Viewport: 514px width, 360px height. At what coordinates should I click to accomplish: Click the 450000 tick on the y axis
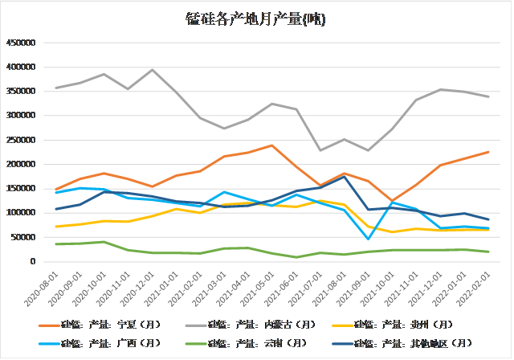[22, 43]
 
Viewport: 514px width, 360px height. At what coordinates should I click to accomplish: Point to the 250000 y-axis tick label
[22, 140]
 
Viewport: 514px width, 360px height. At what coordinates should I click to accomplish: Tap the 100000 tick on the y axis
[22, 213]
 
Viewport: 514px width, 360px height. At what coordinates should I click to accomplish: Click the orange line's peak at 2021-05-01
[272, 145]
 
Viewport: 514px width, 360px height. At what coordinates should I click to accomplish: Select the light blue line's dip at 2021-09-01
[369, 239]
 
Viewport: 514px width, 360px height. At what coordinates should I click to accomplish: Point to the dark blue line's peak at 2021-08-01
[345, 177]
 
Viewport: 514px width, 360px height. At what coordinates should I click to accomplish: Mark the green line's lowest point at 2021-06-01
[296, 257]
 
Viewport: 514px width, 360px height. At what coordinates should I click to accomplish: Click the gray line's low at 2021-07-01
[320, 150]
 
